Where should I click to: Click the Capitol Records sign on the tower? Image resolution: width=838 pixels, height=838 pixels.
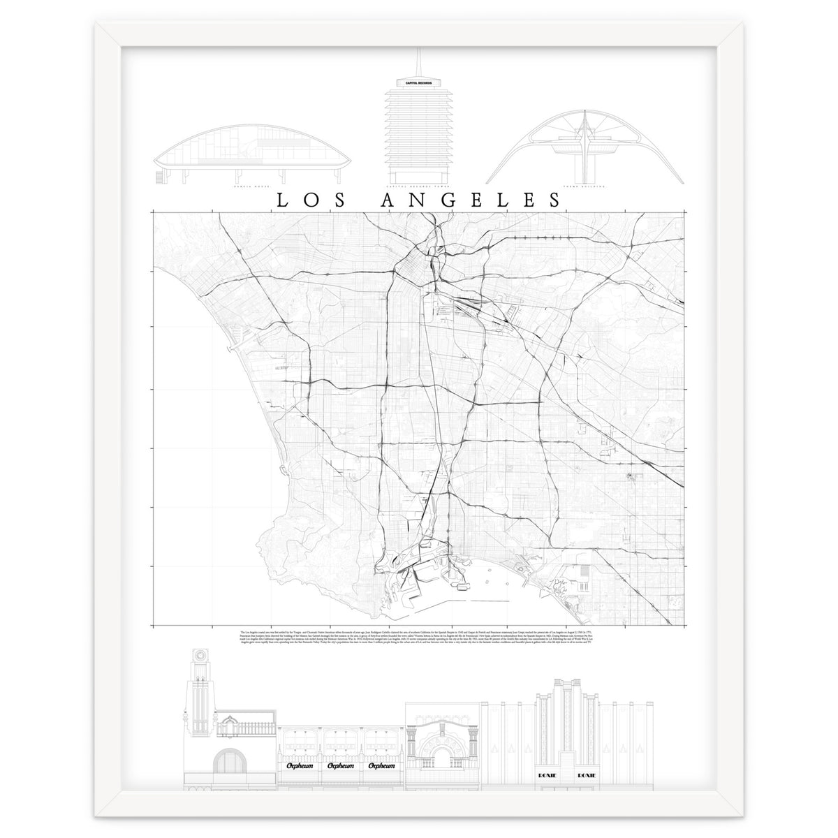coord(418,83)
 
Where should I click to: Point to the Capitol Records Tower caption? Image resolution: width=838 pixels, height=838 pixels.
coord(418,187)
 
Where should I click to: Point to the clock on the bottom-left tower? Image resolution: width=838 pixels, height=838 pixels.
coord(201,657)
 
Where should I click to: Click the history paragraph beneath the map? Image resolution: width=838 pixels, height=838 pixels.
coord(418,637)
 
